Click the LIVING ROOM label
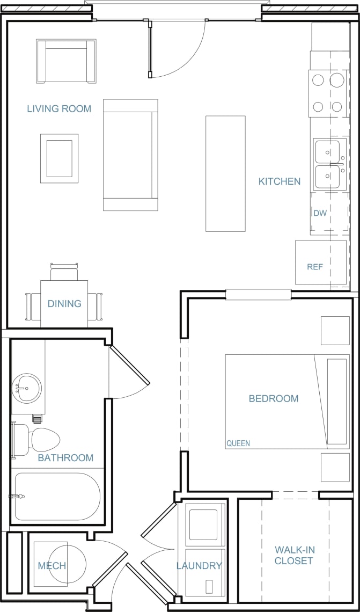pos(59,108)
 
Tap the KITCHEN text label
pos(280,181)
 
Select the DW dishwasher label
pos(320,213)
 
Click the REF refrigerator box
pos(320,263)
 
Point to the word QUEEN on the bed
pos(238,443)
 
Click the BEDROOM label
pos(273,398)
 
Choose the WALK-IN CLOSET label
pos(293,555)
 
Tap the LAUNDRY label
pos(199,565)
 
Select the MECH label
pos(52,565)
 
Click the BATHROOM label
pos(65,458)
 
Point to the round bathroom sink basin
pos(27,388)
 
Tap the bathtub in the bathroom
pos(56,496)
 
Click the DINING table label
pos(64,303)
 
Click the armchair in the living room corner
pos(66,61)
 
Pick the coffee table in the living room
pos(59,158)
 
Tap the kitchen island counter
pos(225,173)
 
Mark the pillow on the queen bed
pos(336,402)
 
